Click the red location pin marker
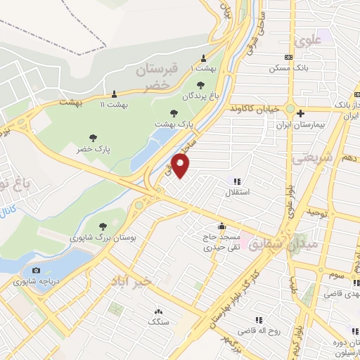[181, 166]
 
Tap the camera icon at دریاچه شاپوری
[36, 270]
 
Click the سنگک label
[157, 321]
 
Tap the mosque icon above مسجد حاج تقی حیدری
[222, 226]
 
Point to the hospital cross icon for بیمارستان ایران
[300, 113]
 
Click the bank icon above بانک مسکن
[288, 58]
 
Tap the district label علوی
[309, 40]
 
